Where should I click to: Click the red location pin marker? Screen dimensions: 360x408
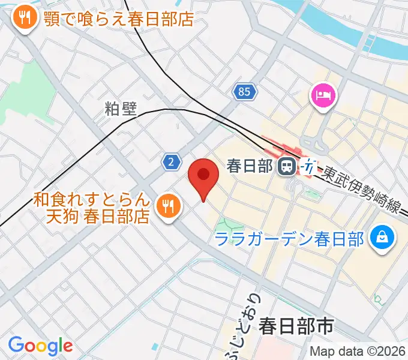click(203, 176)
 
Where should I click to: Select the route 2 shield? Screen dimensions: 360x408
click(172, 161)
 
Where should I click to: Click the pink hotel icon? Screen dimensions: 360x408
click(323, 95)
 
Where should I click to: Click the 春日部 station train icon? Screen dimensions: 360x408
click(287, 166)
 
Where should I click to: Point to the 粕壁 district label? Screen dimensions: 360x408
click(121, 109)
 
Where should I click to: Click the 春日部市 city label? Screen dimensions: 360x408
click(296, 326)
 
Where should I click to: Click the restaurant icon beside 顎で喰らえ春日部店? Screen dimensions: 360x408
click(25, 19)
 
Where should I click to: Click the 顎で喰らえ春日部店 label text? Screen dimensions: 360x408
click(118, 19)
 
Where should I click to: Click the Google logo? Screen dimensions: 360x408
click(40, 346)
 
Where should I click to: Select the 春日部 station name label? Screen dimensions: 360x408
click(250, 166)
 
